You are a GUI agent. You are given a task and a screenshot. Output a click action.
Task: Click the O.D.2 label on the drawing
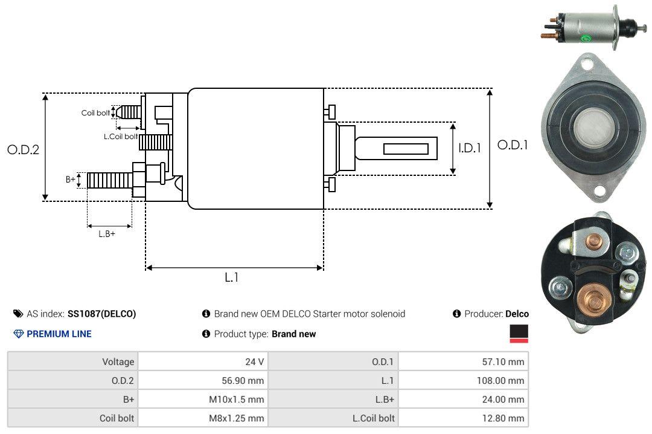point(24,149)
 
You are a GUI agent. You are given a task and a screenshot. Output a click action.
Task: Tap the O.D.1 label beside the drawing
point(513,145)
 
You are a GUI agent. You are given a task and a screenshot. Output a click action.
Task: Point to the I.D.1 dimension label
point(470,148)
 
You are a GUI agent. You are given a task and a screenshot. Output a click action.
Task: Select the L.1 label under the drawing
point(232,277)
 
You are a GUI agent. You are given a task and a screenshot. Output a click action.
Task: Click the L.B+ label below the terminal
point(107,234)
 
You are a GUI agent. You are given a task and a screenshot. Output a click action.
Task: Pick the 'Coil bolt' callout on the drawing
point(95,113)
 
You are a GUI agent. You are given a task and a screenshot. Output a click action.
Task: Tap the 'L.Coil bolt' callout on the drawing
point(121,136)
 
